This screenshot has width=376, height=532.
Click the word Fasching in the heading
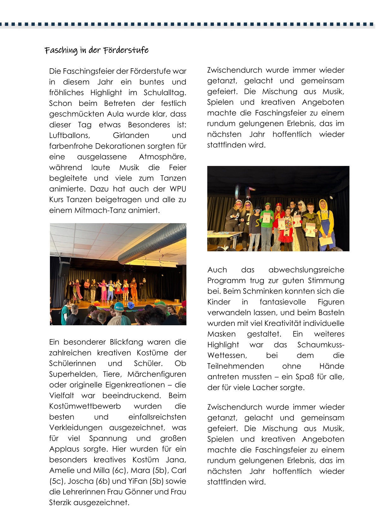click(61, 51)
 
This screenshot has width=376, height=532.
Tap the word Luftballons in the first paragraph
click(70, 136)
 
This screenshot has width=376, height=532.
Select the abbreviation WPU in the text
click(178, 189)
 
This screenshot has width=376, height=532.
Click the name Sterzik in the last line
click(60, 503)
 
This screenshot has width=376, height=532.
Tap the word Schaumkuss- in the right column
click(320, 345)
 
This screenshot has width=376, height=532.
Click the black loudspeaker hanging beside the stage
click(64, 268)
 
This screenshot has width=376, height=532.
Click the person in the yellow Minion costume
click(325, 221)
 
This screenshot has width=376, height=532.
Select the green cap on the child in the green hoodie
click(268, 204)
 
